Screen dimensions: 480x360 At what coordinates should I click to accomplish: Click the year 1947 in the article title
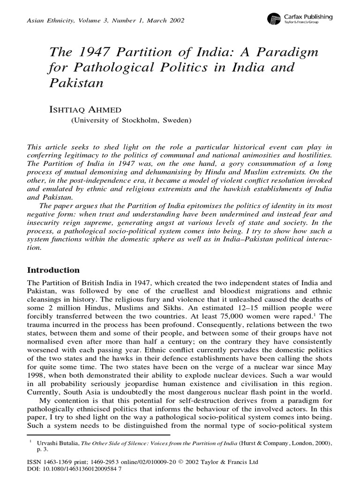87,52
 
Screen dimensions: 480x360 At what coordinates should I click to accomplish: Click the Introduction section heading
53,270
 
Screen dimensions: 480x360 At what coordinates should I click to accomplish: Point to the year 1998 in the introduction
38,368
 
